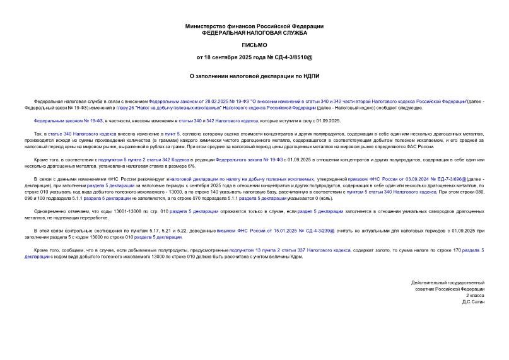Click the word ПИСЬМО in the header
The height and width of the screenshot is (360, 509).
tap(254, 45)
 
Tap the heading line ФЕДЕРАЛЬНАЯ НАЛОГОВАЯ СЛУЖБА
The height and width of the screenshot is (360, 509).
tap(254, 32)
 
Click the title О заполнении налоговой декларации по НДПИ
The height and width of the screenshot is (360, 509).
tap(254, 76)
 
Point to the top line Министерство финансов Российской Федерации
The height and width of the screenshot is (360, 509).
tap(254, 26)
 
